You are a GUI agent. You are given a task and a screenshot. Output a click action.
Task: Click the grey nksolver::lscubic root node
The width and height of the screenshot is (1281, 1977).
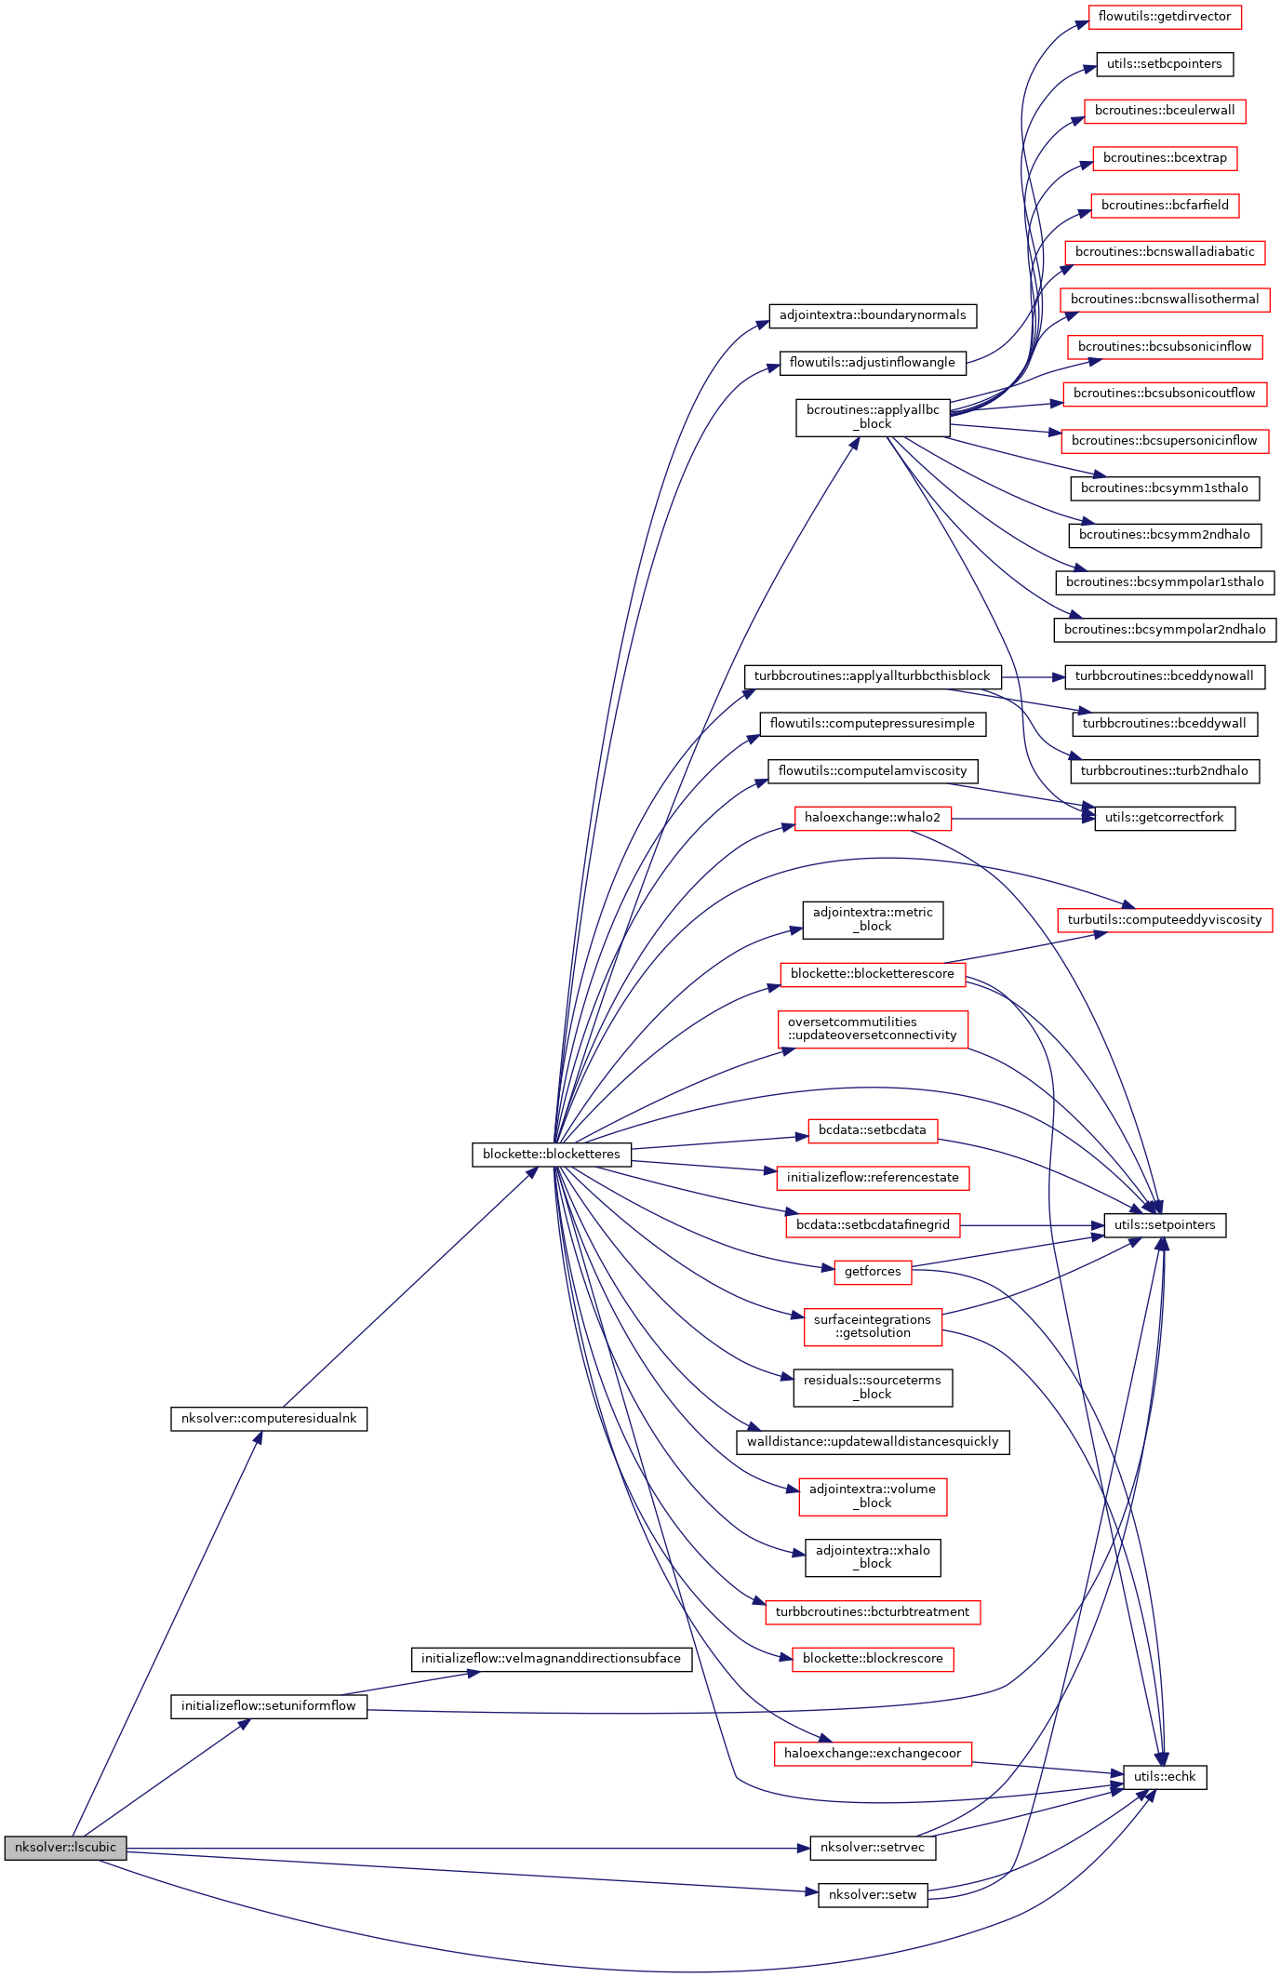point(65,1847)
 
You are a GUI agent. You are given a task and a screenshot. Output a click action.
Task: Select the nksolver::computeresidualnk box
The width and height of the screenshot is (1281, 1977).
point(269,1419)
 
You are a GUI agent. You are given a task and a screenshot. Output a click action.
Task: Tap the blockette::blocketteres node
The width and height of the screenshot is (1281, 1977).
point(552,1154)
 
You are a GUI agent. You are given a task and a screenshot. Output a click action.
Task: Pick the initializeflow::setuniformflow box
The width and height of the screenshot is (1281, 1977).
point(269,1705)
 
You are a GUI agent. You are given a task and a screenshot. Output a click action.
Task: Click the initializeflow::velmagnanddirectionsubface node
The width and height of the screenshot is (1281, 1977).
point(552,1658)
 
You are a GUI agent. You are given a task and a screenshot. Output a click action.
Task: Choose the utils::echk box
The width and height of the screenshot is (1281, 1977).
point(1165,1776)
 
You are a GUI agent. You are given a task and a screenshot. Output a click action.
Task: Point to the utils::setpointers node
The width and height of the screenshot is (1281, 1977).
point(1165,1224)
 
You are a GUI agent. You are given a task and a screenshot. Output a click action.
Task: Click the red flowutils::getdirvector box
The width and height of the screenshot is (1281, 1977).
point(1165,17)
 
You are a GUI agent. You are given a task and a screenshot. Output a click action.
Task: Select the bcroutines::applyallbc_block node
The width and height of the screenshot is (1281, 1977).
point(873,417)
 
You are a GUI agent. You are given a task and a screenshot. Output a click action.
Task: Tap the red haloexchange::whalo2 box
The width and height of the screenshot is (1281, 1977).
point(873,817)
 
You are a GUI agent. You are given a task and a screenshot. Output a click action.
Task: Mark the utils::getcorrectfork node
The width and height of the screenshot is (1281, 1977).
point(1165,817)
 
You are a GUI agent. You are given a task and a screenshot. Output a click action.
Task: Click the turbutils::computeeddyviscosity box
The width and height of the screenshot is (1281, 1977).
point(1165,919)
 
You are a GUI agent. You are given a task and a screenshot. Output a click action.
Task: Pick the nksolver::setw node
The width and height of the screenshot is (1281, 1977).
point(873,1894)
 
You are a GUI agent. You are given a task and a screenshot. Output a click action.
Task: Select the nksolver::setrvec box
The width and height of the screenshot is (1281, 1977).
point(873,1847)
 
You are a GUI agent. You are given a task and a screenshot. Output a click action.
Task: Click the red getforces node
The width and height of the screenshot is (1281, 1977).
point(873,1271)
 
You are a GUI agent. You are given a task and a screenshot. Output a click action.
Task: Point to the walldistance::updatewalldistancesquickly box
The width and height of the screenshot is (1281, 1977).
point(873,1441)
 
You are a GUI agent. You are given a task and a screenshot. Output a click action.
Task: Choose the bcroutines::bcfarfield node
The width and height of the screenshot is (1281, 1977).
point(1165,205)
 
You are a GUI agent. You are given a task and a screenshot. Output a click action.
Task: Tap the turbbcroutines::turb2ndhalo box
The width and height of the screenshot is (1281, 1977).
point(1165,770)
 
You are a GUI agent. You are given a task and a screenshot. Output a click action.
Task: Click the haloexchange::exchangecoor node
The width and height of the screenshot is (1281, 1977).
point(873,1753)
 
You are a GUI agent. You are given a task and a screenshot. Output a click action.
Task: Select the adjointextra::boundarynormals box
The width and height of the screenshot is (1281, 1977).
point(873,314)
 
